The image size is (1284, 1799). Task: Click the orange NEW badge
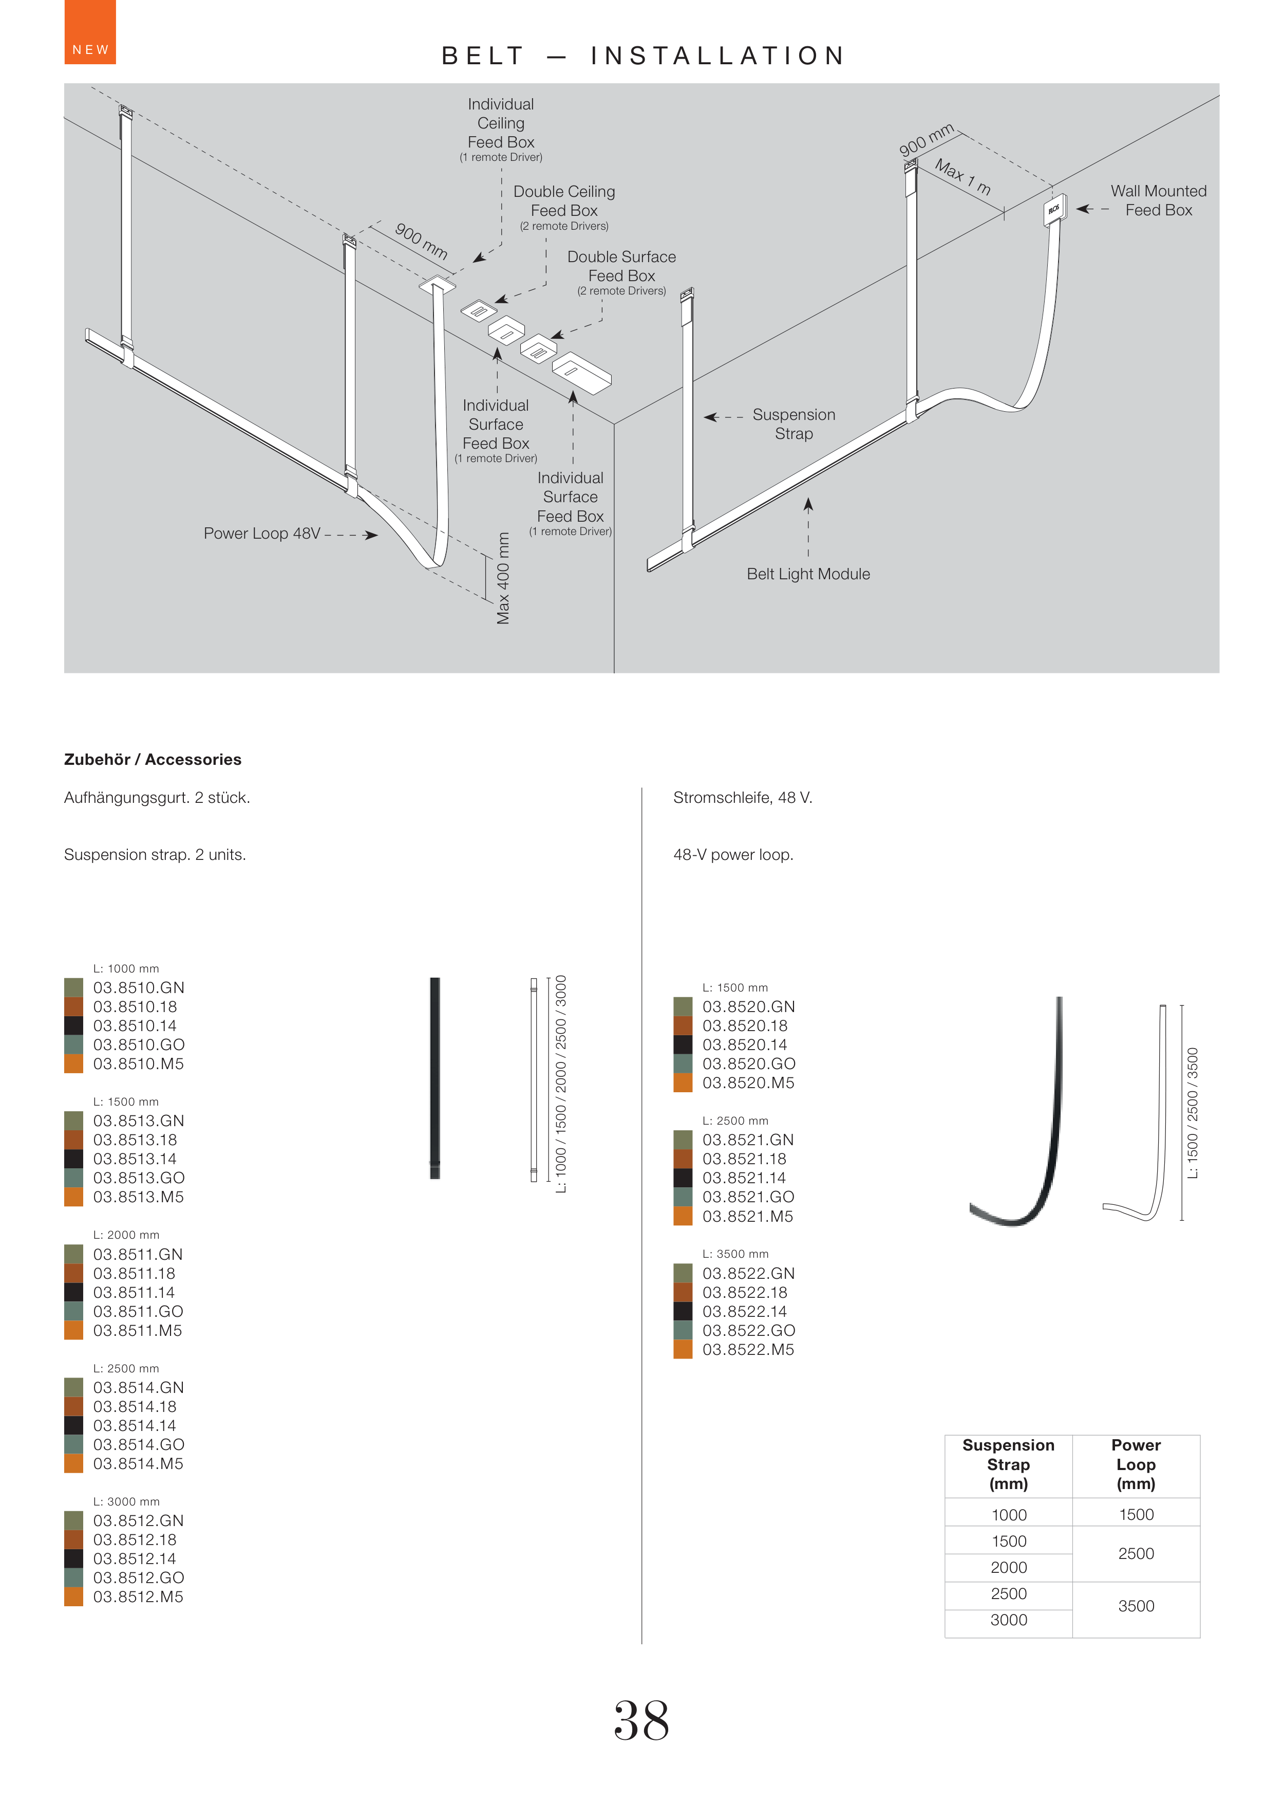pos(89,32)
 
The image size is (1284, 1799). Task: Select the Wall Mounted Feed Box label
pos(1158,200)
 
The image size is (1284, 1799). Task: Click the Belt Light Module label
pos(807,574)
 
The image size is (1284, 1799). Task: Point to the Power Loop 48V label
pos(262,533)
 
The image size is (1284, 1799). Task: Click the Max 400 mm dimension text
pos(503,578)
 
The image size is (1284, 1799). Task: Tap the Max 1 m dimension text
pos(962,176)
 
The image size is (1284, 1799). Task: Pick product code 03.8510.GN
pos(138,987)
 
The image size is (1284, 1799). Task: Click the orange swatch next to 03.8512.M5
pos(73,1596)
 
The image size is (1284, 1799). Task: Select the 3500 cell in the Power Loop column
pos(1136,1605)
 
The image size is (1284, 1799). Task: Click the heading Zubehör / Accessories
pos(153,760)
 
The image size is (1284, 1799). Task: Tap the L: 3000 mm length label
pos(126,1501)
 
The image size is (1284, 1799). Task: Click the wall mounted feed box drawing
pos(1055,209)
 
